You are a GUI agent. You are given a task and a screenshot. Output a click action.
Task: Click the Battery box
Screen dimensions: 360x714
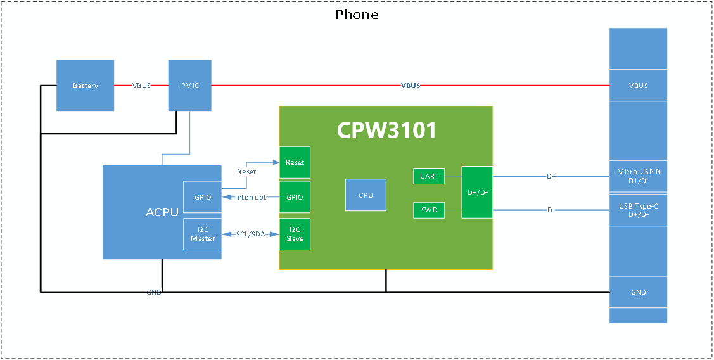coord(86,86)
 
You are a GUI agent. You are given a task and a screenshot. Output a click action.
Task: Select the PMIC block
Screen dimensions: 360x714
coord(189,86)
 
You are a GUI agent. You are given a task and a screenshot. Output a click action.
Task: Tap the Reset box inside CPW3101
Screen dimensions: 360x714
coord(295,163)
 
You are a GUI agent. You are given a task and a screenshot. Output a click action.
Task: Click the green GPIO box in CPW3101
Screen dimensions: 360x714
coord(295,197)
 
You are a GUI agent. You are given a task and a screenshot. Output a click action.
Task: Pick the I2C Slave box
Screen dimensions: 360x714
coord(295,234)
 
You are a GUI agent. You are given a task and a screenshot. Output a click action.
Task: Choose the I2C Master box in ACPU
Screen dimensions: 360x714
coord(203,234)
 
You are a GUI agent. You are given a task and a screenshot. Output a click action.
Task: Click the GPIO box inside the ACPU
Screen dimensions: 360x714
coord(203,197)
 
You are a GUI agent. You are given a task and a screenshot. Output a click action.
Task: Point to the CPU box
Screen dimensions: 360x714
coord(366,195)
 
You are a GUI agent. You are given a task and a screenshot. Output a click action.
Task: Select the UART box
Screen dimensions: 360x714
coord(429,176)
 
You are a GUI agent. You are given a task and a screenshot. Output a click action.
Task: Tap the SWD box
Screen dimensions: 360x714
coord(429,210)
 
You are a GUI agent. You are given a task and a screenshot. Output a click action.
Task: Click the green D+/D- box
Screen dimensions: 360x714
coord(476,192)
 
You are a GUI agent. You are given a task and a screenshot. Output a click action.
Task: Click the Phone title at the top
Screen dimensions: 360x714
coord(357,15)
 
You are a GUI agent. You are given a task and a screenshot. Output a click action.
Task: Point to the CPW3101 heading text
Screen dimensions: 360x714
coord(386,130)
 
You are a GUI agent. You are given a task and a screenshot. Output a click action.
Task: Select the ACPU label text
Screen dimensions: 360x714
coord(162,212)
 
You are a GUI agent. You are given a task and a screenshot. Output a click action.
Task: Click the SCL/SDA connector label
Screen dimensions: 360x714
coord(250,235)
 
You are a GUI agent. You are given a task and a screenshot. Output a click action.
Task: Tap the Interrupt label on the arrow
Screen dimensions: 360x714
coord(251,198)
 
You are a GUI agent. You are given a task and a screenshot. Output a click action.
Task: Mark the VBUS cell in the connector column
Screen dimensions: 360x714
coord(638,86)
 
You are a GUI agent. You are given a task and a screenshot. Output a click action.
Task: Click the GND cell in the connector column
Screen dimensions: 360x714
coord(638,292)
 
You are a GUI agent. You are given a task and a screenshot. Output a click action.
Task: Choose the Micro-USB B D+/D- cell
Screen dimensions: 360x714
coord(638,176)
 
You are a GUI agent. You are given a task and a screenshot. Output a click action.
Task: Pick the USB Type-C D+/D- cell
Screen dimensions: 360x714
coord(638,210)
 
